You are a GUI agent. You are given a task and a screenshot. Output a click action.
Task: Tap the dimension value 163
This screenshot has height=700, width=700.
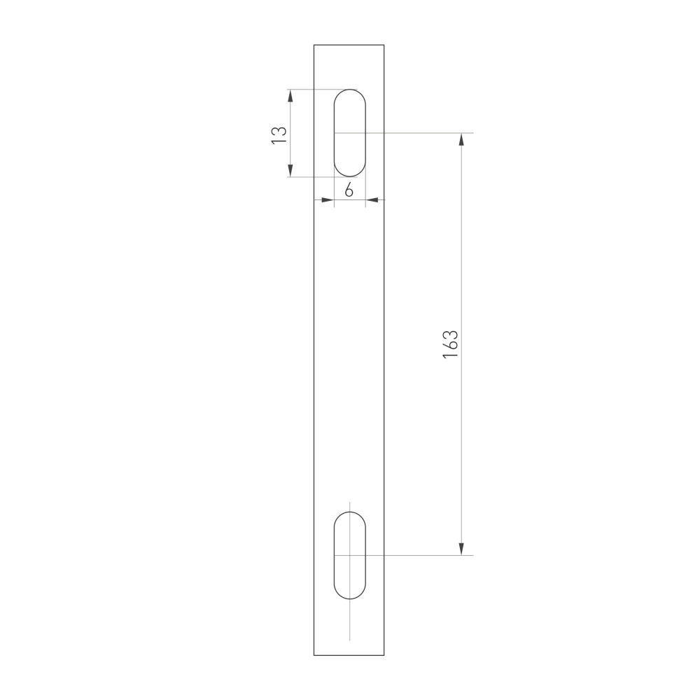[450, 344]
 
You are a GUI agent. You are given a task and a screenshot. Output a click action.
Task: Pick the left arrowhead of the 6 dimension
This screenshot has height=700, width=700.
[327, 201]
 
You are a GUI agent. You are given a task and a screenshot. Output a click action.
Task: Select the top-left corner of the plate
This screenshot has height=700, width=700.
[314, 45]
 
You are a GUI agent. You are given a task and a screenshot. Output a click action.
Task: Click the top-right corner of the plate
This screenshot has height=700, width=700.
[384, 45]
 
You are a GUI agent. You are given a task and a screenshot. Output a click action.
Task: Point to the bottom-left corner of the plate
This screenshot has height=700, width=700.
[314, 655]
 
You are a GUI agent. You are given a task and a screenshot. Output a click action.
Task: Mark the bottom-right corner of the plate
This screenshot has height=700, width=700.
[384, 655]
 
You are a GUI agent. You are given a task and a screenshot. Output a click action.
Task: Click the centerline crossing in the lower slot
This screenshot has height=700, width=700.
[349, 555]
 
